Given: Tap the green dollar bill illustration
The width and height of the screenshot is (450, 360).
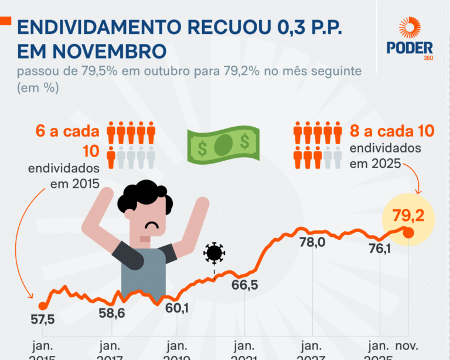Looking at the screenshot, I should click(222, 144).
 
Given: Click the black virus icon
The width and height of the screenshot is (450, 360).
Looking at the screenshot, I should click(214, 253).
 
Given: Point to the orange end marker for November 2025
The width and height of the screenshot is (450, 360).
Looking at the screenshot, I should click(409, 233).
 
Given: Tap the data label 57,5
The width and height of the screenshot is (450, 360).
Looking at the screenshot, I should click(42, 320).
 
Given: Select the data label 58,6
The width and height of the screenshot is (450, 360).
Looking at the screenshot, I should click(111, 313).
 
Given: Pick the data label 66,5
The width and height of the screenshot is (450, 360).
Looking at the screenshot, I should click(244, 286).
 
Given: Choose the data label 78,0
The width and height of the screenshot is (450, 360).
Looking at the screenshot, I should click(312, 242).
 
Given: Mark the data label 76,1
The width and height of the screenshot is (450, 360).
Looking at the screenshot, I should click(379, 249).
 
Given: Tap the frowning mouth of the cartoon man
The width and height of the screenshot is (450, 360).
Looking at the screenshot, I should click(153, 225).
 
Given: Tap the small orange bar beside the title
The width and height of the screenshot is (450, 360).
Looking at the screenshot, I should click(5, 21).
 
